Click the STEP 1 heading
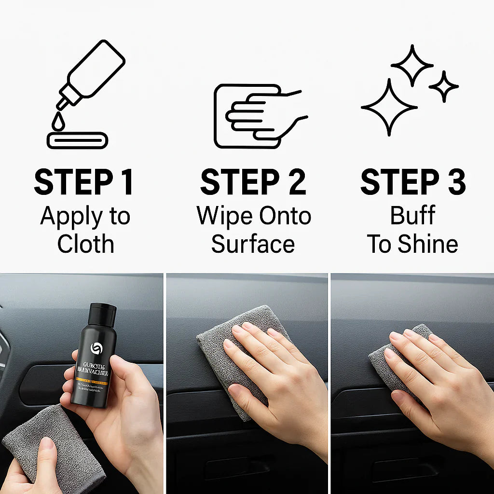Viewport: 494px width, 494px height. point(83,182)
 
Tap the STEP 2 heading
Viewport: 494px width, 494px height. point(253,182)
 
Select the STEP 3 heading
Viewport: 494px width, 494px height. point(413,182)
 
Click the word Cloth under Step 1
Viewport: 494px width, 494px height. point(85,244)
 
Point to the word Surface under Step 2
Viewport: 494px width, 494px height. point(253,244)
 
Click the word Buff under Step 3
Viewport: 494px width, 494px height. point(413,216)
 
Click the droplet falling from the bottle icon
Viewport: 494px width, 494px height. point(58,123)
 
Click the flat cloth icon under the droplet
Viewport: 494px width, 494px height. point(77,140)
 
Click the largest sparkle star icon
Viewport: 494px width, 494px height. point(389,107)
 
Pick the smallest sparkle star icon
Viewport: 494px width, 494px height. point(443,86)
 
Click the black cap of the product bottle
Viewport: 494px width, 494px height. point(103,314)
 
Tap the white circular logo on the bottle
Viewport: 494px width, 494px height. point(96,348)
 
